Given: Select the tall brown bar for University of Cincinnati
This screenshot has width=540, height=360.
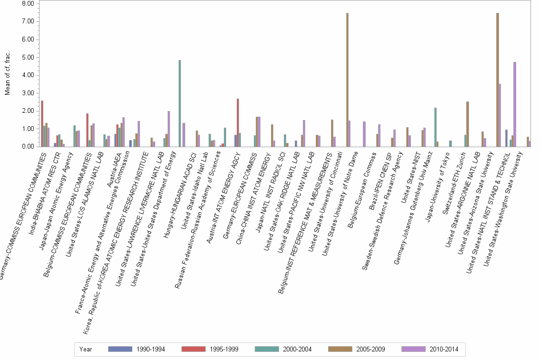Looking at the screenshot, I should point(347,80).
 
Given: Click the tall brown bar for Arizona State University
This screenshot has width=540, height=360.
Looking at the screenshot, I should point(498,80).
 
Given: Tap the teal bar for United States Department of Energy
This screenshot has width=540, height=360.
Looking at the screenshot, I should point(180,103).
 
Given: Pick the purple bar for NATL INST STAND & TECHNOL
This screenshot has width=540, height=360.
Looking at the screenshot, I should point(515,104).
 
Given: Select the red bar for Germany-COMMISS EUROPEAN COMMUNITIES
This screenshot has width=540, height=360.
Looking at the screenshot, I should point(42,123).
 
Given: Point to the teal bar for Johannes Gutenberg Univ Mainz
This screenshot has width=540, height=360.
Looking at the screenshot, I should point(435,127).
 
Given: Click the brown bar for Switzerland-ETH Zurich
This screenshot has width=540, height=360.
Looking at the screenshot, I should point(468,124).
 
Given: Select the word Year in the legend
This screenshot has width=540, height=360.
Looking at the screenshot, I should point(86,349).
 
